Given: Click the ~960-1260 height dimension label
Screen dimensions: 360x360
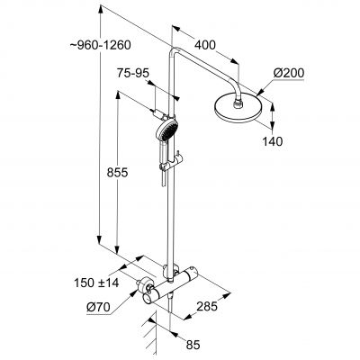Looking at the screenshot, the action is pos(101,46).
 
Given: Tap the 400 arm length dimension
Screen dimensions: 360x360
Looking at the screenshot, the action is pos(205,45).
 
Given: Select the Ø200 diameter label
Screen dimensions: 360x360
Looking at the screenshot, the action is pos(289,73).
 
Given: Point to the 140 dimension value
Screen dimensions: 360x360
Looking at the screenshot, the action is pos(273,141).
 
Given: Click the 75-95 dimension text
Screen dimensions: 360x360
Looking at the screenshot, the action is pos(133,73).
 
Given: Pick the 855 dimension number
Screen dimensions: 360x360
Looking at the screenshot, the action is pos(117,173).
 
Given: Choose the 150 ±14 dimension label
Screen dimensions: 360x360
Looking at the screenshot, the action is pos(96,283).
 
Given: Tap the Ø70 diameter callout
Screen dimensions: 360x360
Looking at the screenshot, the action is pos(98,307).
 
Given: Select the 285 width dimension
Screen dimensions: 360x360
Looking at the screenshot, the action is pos(207,306).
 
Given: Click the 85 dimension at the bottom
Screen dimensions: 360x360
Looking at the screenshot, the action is pos(193,345).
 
